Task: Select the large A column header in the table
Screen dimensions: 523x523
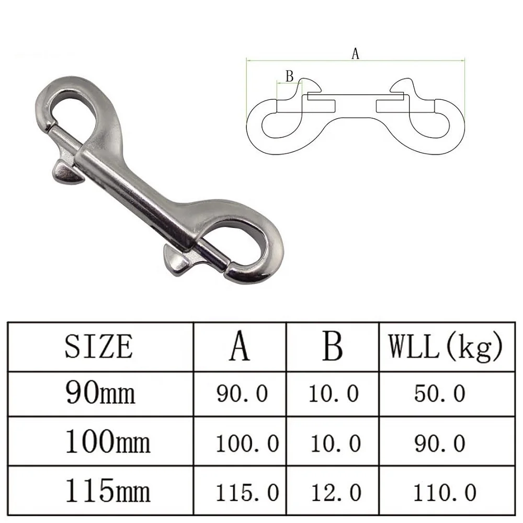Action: point(240,346)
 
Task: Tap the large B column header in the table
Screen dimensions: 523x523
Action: point(332,346)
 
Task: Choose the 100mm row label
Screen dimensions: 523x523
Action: point(107,442)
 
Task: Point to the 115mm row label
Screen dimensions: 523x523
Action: point(107,492)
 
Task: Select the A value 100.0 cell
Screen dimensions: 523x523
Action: point(247,443)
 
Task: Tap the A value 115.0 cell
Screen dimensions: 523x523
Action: point(247,492)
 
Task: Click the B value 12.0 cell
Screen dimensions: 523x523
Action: point(334,492)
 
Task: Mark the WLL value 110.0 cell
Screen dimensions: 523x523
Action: point(444,492)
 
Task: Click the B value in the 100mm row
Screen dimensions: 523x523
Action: point(334,443)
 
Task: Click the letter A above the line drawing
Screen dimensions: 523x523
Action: point(355,53)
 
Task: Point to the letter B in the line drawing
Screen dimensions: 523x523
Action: point(289,76)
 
